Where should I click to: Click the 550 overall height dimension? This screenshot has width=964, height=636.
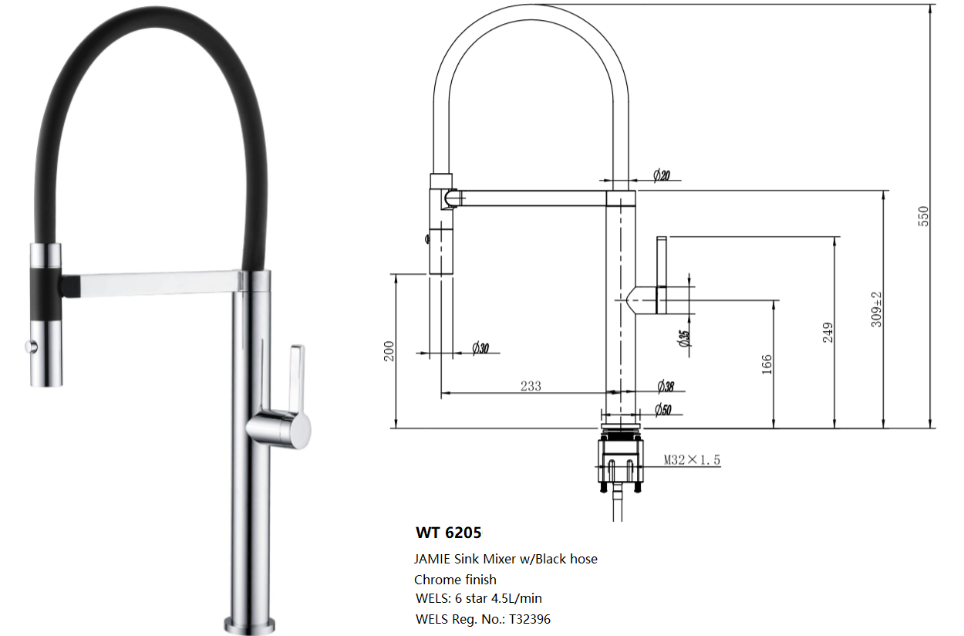point(924,215)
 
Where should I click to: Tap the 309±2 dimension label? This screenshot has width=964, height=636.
point(878,309)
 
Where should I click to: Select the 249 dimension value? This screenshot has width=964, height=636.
point(828,333)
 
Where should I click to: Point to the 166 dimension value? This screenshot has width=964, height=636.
point(767,364)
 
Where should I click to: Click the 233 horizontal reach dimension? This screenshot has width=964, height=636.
point(531,386)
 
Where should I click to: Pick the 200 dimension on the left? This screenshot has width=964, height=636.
point(389,350)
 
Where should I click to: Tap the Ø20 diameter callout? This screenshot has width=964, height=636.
point(661,176)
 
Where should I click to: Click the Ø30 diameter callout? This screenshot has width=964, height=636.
point(480,348)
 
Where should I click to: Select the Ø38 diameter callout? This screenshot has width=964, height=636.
point(666,386)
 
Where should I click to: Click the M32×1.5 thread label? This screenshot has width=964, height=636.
point(692,460)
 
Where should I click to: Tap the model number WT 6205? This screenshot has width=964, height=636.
point(448,533)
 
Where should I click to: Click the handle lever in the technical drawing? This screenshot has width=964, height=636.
point(661,274)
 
